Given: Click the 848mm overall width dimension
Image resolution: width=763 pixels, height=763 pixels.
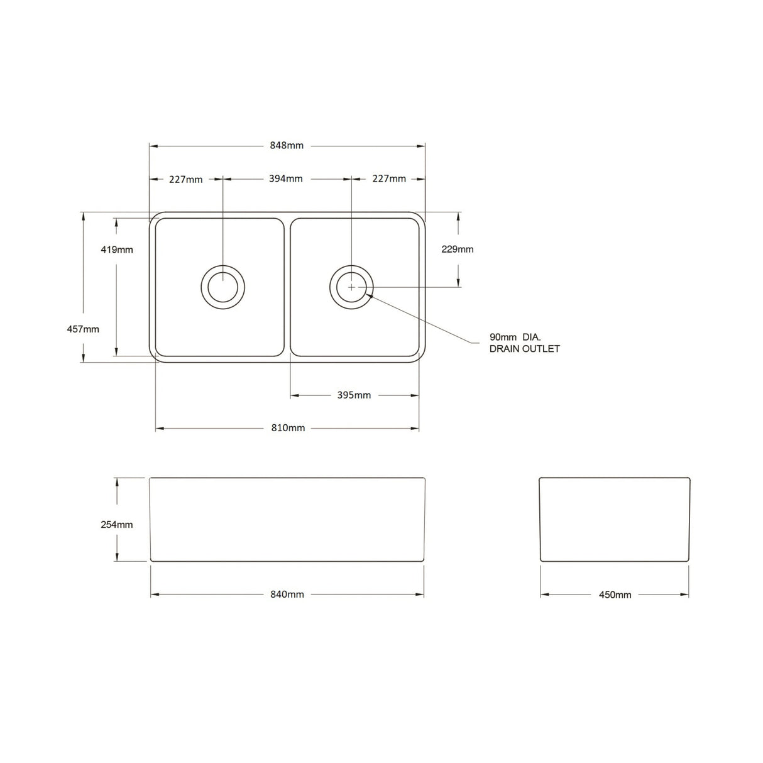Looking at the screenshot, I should [287, 146].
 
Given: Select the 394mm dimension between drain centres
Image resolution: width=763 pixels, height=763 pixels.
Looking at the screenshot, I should [286, 178].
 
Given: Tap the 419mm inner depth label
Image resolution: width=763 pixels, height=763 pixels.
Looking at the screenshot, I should [117, 250].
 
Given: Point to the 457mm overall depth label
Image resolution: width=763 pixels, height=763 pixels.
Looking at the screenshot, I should [83, 329].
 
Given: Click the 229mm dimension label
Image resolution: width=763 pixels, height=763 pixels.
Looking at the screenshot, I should [458, 250].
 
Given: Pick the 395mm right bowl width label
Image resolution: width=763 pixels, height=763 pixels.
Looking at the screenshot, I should [354, 395].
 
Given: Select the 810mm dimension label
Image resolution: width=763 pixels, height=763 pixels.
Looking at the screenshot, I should [288, 428].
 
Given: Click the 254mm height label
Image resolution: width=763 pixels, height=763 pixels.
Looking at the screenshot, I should [117, 524].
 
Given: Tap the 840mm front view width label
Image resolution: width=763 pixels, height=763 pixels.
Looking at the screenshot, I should [287, 595].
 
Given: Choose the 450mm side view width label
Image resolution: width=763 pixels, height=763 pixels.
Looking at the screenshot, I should [615, 595].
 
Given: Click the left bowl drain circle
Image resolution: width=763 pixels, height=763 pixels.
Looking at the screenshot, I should [222, 287].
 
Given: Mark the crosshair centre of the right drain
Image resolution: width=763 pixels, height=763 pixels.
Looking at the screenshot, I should [351, 287].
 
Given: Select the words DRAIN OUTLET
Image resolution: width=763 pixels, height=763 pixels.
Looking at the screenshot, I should [524, 349].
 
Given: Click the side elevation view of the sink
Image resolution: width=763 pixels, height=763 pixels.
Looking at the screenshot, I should [615, 519].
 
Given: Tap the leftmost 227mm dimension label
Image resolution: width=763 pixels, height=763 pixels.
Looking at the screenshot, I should [186, 179].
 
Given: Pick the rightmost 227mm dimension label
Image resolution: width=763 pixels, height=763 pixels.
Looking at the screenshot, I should [389, 178].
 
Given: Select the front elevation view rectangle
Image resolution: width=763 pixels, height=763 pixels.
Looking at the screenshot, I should [287, 519].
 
